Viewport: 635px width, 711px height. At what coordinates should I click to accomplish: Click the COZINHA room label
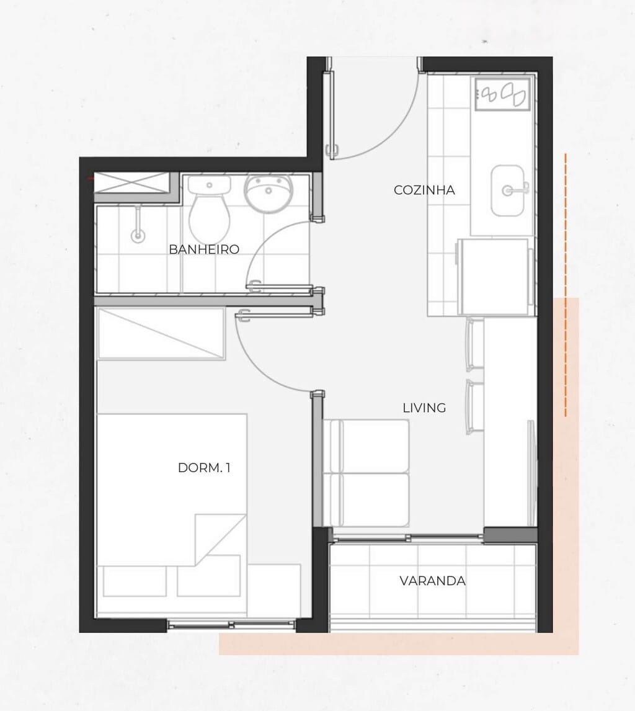point(424,190)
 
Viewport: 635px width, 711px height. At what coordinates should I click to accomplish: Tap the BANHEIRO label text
point(204,249)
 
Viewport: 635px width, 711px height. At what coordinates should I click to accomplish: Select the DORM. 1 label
point(204,468)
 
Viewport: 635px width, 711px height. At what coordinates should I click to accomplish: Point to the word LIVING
point(424,408)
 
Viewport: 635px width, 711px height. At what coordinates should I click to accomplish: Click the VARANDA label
point(432,581)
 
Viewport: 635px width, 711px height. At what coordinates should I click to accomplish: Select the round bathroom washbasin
point(268,194)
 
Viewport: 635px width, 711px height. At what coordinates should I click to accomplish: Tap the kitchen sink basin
point(508,190)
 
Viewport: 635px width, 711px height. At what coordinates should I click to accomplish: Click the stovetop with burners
point(502,94)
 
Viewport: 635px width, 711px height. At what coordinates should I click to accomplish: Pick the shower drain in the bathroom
point(138,235)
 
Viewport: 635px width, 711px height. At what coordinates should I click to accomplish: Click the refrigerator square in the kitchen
point(494,277)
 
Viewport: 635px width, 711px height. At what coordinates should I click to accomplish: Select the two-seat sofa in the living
point(366,473)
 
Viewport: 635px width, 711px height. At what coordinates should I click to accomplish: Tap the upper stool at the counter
point(475,344)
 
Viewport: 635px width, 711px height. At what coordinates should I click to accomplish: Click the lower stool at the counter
point(475,407)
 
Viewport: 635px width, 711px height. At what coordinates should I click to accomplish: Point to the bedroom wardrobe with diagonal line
point(161,334)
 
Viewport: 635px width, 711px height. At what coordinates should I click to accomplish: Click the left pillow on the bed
point(135,581)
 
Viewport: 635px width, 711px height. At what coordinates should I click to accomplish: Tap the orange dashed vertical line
point(566,285)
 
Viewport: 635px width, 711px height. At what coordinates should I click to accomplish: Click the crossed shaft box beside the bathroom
point(131,183)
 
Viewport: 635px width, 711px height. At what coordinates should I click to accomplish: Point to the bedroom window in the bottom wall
point(231,624)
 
